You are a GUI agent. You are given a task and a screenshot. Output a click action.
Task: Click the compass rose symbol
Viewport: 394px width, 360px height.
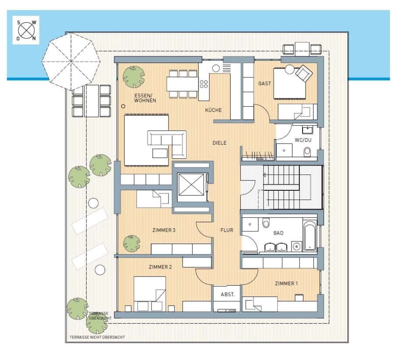pos(26,30)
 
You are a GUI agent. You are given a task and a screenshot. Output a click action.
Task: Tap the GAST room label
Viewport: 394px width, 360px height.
pos(264,84)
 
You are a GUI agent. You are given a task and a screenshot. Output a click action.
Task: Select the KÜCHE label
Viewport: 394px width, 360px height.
pos(213,110)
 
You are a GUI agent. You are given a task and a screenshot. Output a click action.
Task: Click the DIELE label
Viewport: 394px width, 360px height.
pos(219,143)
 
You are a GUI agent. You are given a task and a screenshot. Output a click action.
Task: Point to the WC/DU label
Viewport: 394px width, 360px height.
pos(303,140)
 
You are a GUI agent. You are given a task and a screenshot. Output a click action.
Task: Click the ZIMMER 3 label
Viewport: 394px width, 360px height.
pos(164,230)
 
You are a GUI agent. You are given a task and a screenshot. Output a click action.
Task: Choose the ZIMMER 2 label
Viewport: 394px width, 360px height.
pos(160,267)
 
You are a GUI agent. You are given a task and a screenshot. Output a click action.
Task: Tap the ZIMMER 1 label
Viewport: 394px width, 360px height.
pos(286,283)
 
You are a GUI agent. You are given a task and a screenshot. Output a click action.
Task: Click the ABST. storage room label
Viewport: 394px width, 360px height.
pos(228,294)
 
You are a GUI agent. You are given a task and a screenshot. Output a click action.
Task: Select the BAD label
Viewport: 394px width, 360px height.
pos(278,233)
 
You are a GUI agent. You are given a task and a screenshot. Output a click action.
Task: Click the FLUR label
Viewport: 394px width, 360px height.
pos(227,230)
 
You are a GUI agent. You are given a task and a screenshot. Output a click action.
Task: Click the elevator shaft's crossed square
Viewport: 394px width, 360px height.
pos(191,185)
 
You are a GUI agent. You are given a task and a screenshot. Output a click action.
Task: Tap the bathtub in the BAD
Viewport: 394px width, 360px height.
pos(310,236)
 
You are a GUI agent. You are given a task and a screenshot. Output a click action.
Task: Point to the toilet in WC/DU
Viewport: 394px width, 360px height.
pos(307,151)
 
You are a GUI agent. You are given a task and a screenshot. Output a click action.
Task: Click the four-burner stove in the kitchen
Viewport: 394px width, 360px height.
pos(204,84)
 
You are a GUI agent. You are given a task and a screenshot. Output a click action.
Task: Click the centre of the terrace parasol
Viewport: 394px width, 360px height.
pos(71,61)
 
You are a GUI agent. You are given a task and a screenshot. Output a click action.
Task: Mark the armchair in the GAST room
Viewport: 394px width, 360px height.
pos(304,73)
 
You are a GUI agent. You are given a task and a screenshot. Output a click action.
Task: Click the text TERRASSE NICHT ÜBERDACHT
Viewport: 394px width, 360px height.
pos(97,337)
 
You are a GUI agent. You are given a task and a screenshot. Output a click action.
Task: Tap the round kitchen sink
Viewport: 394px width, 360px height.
pos(216,68)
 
